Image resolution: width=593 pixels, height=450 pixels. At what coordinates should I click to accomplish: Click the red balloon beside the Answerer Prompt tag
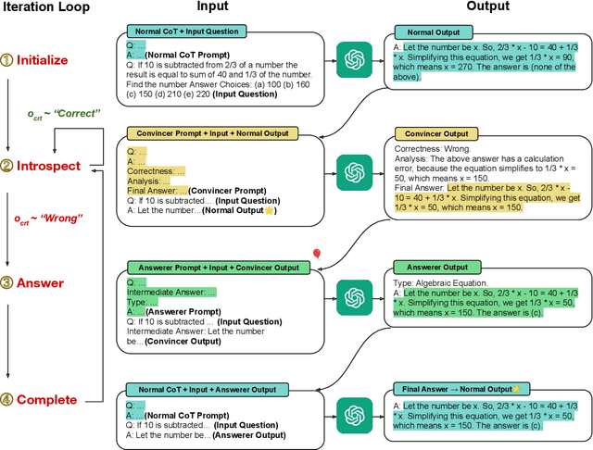click(x=316, y=254)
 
